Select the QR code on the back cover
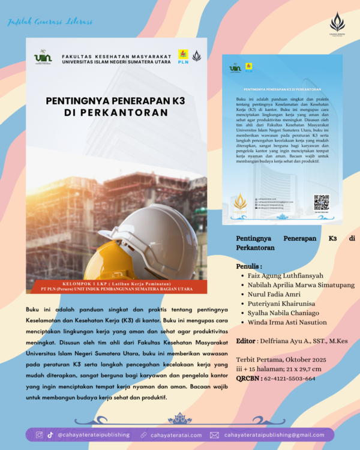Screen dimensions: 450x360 321,202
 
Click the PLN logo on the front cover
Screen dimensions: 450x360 183,56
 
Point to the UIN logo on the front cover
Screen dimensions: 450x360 43,57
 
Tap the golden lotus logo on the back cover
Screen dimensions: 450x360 240,202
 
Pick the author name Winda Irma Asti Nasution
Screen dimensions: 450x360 285,322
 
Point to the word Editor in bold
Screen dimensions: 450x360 246,340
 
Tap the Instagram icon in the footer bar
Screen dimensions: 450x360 39,434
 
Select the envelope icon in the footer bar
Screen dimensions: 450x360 214,434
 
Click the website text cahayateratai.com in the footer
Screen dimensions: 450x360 176,434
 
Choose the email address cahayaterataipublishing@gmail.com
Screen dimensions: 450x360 274,434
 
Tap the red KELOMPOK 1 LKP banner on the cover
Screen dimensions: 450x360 116,286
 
